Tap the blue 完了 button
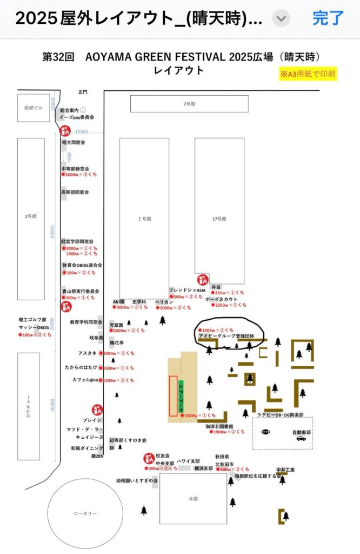coord(328,18)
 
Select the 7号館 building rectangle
coord(189,103)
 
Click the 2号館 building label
coord(30,216)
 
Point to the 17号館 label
coord(219,219)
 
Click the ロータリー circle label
coord(85,513)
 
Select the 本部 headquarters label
coord(193,499)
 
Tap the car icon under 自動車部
coord(301,438)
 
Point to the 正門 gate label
coord(82,92)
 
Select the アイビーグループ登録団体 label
coord(226,336)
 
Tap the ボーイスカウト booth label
coord(222,299)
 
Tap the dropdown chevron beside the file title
coord(281,19)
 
